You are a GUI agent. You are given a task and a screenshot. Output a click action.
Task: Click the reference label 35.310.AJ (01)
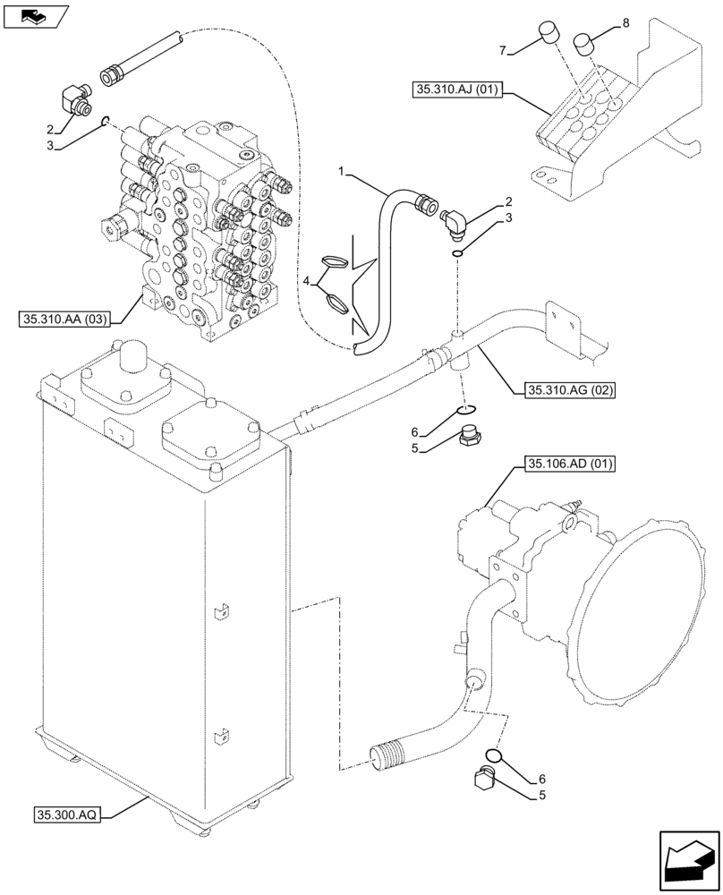click(x=459, y=89)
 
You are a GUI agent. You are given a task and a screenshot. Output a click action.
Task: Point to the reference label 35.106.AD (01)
click(x=563, y=464)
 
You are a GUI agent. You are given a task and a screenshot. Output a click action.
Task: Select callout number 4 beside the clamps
click(x=308, y=281)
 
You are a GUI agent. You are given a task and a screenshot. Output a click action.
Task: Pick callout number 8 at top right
click(x=625, y=22)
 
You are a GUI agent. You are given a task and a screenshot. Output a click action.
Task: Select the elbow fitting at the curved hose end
click(x=455, y=219)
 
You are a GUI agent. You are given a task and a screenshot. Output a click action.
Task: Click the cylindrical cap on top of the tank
click(x=133, y=356)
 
